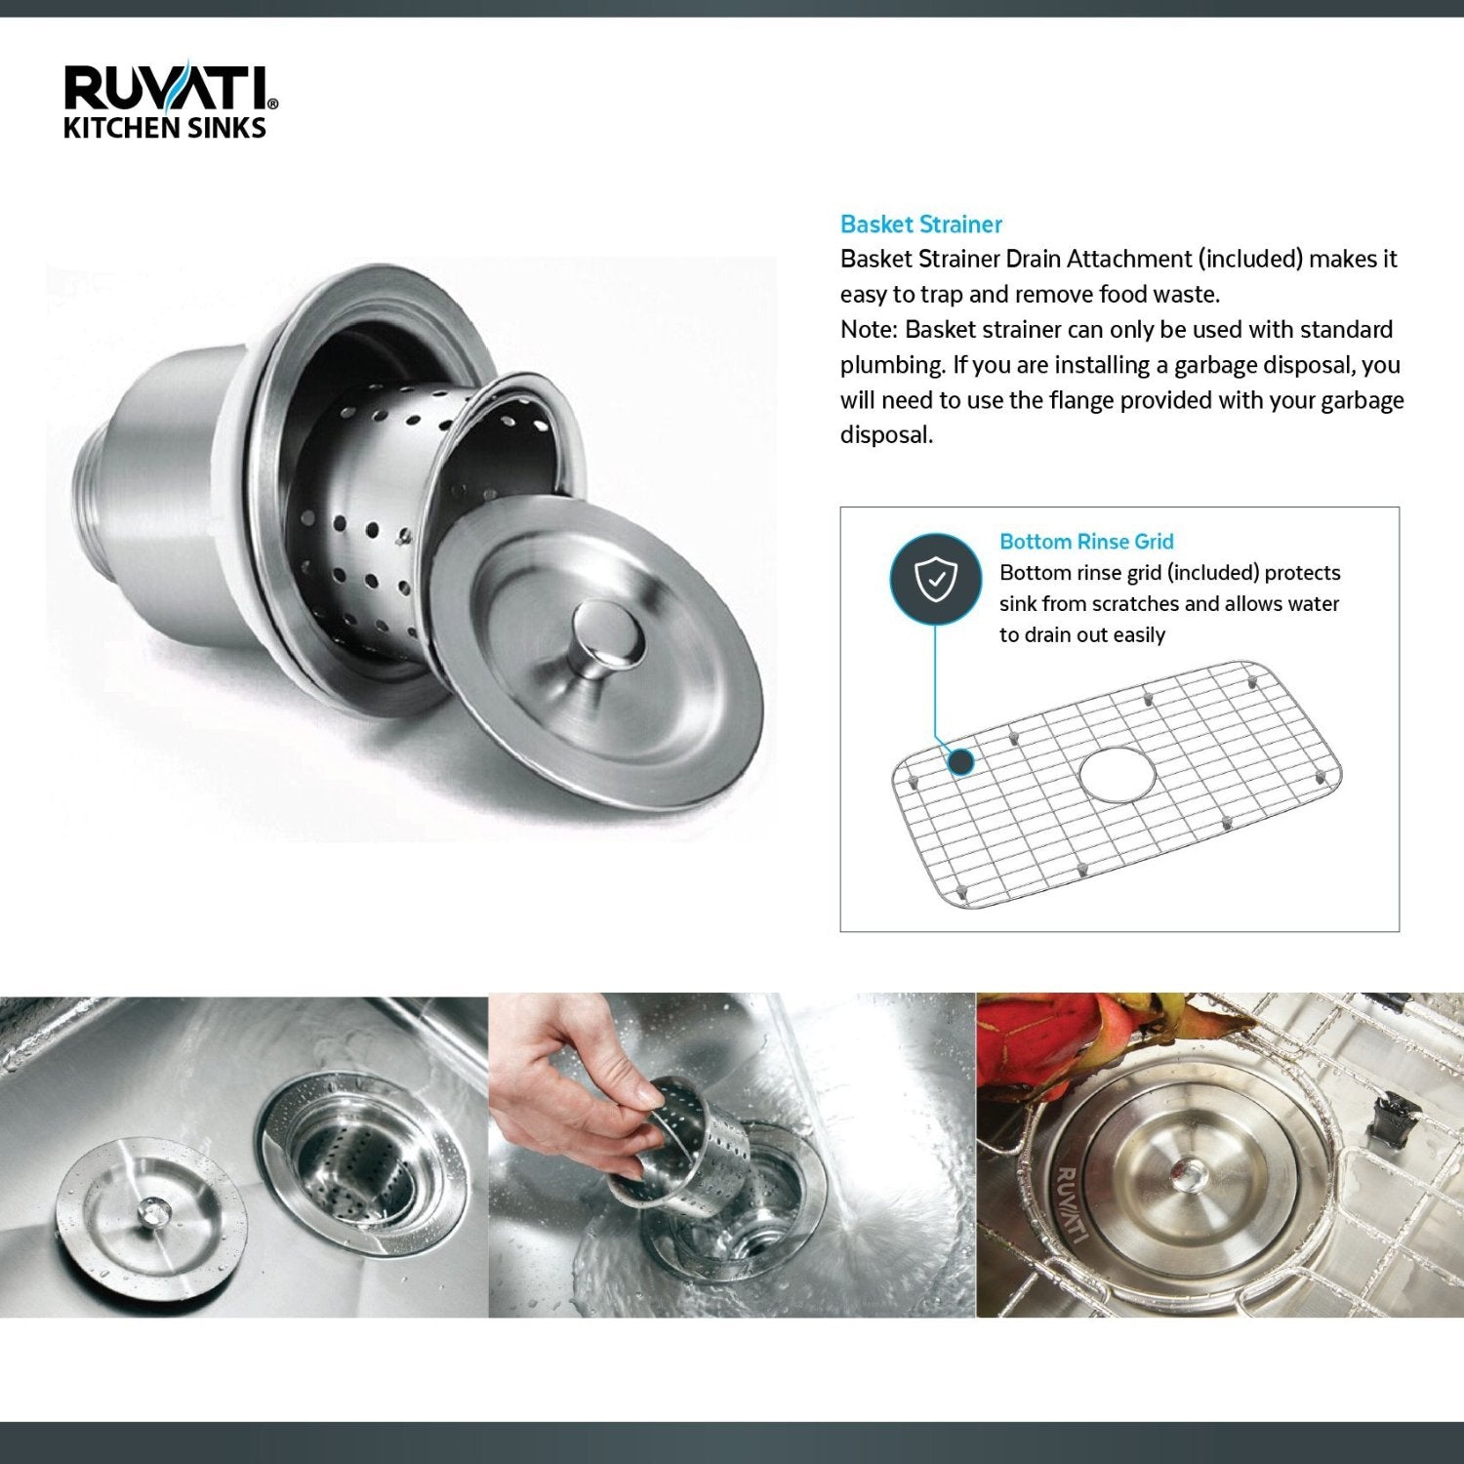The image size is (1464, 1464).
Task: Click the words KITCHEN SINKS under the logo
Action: click(164, 128)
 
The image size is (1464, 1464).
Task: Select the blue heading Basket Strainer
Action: click(920, 224)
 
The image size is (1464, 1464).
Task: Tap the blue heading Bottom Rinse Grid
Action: click(1085, 542)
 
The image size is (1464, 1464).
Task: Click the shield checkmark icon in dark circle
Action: click(935, 580)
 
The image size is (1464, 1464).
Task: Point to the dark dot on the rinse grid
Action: click(961, 761)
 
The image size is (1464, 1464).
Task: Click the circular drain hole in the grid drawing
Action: click(1117, 774)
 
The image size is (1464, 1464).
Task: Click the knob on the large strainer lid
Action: click(609, 635)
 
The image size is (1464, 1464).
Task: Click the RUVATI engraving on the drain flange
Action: click(1071, 1204)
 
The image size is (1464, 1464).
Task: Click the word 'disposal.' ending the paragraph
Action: click(886, 435)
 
